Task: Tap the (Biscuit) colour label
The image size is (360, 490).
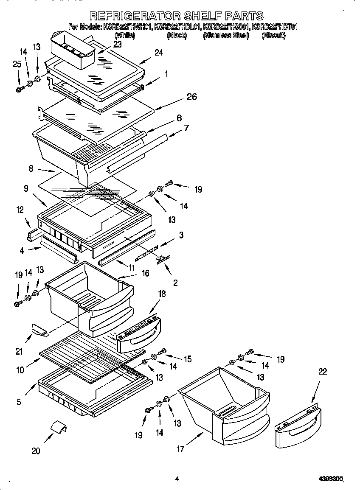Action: [x=273, y=36]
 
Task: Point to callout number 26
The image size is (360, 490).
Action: [x=192, y=97]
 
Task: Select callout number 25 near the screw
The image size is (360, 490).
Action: [x=17, y=64]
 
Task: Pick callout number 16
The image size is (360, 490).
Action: [x=146, y=274]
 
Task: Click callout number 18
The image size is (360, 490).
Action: [x=162, y=294]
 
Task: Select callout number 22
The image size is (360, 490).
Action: [x=323, y=372]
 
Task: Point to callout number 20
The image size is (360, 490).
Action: [x=36, y=451]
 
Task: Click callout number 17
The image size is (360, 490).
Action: [x=181, y=449]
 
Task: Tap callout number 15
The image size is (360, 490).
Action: [x=187, y=359]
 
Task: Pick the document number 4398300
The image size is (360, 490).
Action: [x=330, y=479]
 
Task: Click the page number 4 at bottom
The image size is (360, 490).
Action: [x=177, y=479]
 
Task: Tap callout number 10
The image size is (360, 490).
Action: [x=20, y=370]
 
